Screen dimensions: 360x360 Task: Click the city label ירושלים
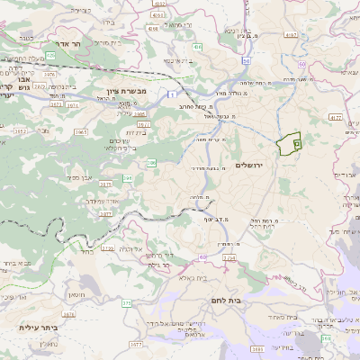click(250, 165)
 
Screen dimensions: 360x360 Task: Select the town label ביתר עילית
click(39, 327)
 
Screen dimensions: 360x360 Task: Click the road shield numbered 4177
click(335, 117)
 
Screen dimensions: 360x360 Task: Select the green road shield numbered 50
click(245, 61)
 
